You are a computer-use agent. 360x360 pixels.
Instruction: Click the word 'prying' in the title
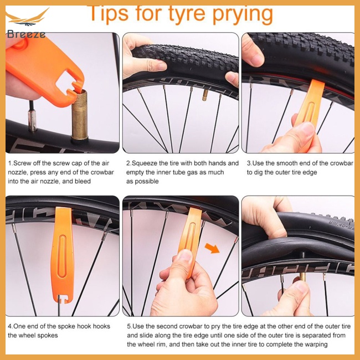coord(243,14)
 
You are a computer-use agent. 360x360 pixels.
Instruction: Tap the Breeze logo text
coord(26,34)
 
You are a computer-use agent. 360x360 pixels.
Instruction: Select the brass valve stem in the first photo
coord(79,115)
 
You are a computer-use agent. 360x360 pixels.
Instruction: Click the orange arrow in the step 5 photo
coord(212,248)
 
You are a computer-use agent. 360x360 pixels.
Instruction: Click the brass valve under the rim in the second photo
coord(205,95)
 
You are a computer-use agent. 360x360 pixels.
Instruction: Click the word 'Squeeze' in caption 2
coord(144,163)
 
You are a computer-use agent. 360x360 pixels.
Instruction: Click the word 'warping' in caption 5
coord(316,344)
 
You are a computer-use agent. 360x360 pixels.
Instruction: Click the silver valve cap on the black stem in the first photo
coord(32,121)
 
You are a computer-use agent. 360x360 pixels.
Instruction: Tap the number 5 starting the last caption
coord(129,326)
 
